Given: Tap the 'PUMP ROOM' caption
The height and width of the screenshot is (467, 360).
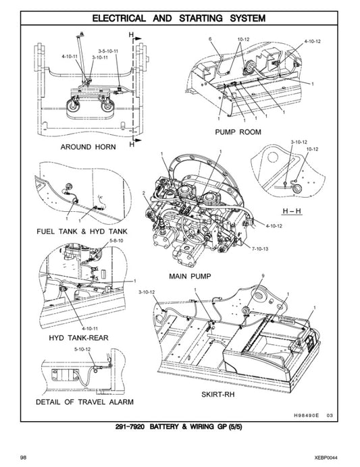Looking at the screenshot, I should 238,132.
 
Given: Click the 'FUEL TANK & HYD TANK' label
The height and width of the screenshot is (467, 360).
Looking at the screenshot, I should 82,231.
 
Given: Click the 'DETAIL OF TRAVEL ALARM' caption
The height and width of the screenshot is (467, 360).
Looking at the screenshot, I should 84,402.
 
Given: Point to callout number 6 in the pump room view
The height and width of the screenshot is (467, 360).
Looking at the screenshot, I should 210,40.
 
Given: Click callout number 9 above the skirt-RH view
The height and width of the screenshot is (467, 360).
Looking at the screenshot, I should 263,275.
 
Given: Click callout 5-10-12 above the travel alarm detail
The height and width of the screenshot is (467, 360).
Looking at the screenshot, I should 82,350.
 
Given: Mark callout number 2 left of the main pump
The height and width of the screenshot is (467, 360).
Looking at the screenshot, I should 145,194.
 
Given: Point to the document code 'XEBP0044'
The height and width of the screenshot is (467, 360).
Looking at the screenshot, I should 328,457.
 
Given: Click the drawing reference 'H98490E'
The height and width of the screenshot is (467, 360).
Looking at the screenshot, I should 308,415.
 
